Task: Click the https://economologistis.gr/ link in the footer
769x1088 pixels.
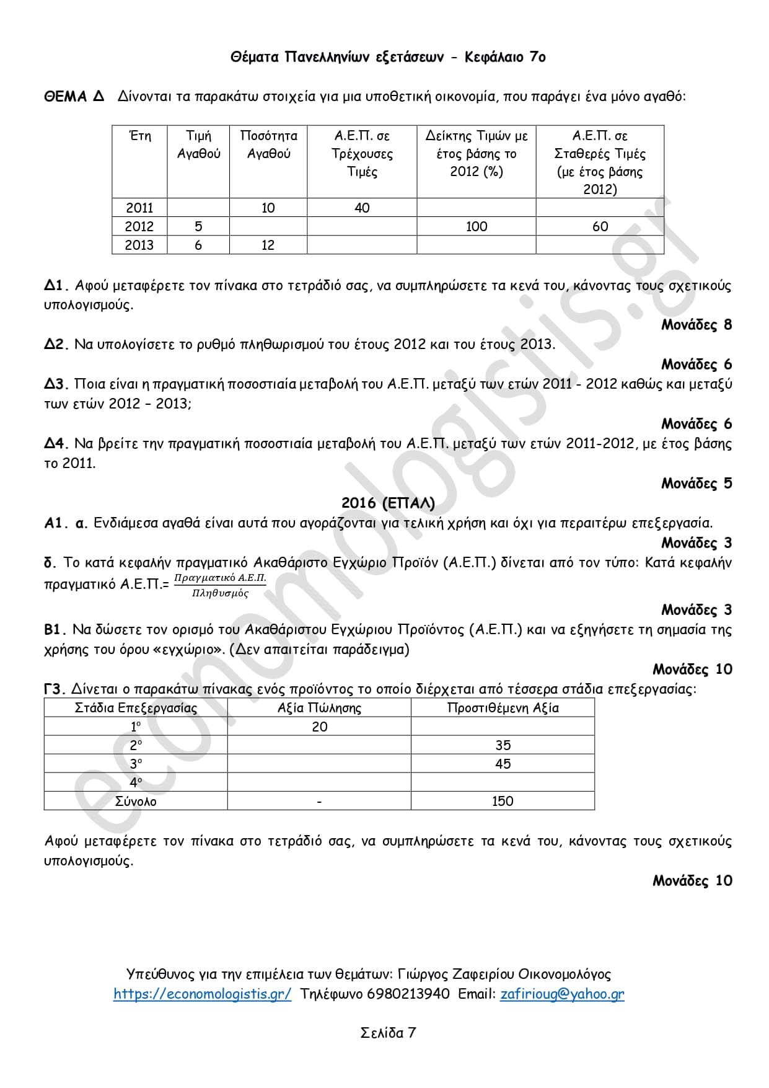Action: [x=202, y=994]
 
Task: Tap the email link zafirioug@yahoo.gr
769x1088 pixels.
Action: [x=562, y=994]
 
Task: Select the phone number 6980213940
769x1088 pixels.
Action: [x=408, y=994]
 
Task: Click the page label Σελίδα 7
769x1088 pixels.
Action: [x=388, y=1033]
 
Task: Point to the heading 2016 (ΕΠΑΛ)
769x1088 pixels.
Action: [x=388, y=503]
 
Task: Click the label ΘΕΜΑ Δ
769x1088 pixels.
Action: [x=74, y=97]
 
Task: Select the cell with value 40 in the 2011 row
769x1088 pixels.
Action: [x=362, y=208]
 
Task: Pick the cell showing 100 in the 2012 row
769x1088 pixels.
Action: [x=476, y=226]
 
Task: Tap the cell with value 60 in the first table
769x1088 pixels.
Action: [x=600, y=226]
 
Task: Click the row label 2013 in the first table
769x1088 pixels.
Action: [x=139, y=245]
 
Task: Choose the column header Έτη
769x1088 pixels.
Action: [x=139, y=136]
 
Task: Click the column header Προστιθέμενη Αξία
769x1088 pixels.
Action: [x=503, y=708]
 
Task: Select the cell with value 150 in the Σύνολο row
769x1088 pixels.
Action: [x=503, y=801]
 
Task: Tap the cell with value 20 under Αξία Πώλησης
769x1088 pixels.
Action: [x=319, y=727]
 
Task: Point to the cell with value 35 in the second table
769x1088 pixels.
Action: [x=503, y=745]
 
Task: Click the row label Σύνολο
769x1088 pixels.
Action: [x=136, y=801]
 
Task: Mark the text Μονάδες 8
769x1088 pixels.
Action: [x=696, y=325]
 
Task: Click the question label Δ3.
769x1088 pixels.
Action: [x=55, y=384]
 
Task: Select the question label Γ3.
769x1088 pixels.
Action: [x=55, y=689]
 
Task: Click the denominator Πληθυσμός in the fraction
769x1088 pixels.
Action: [x=220, y=593]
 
